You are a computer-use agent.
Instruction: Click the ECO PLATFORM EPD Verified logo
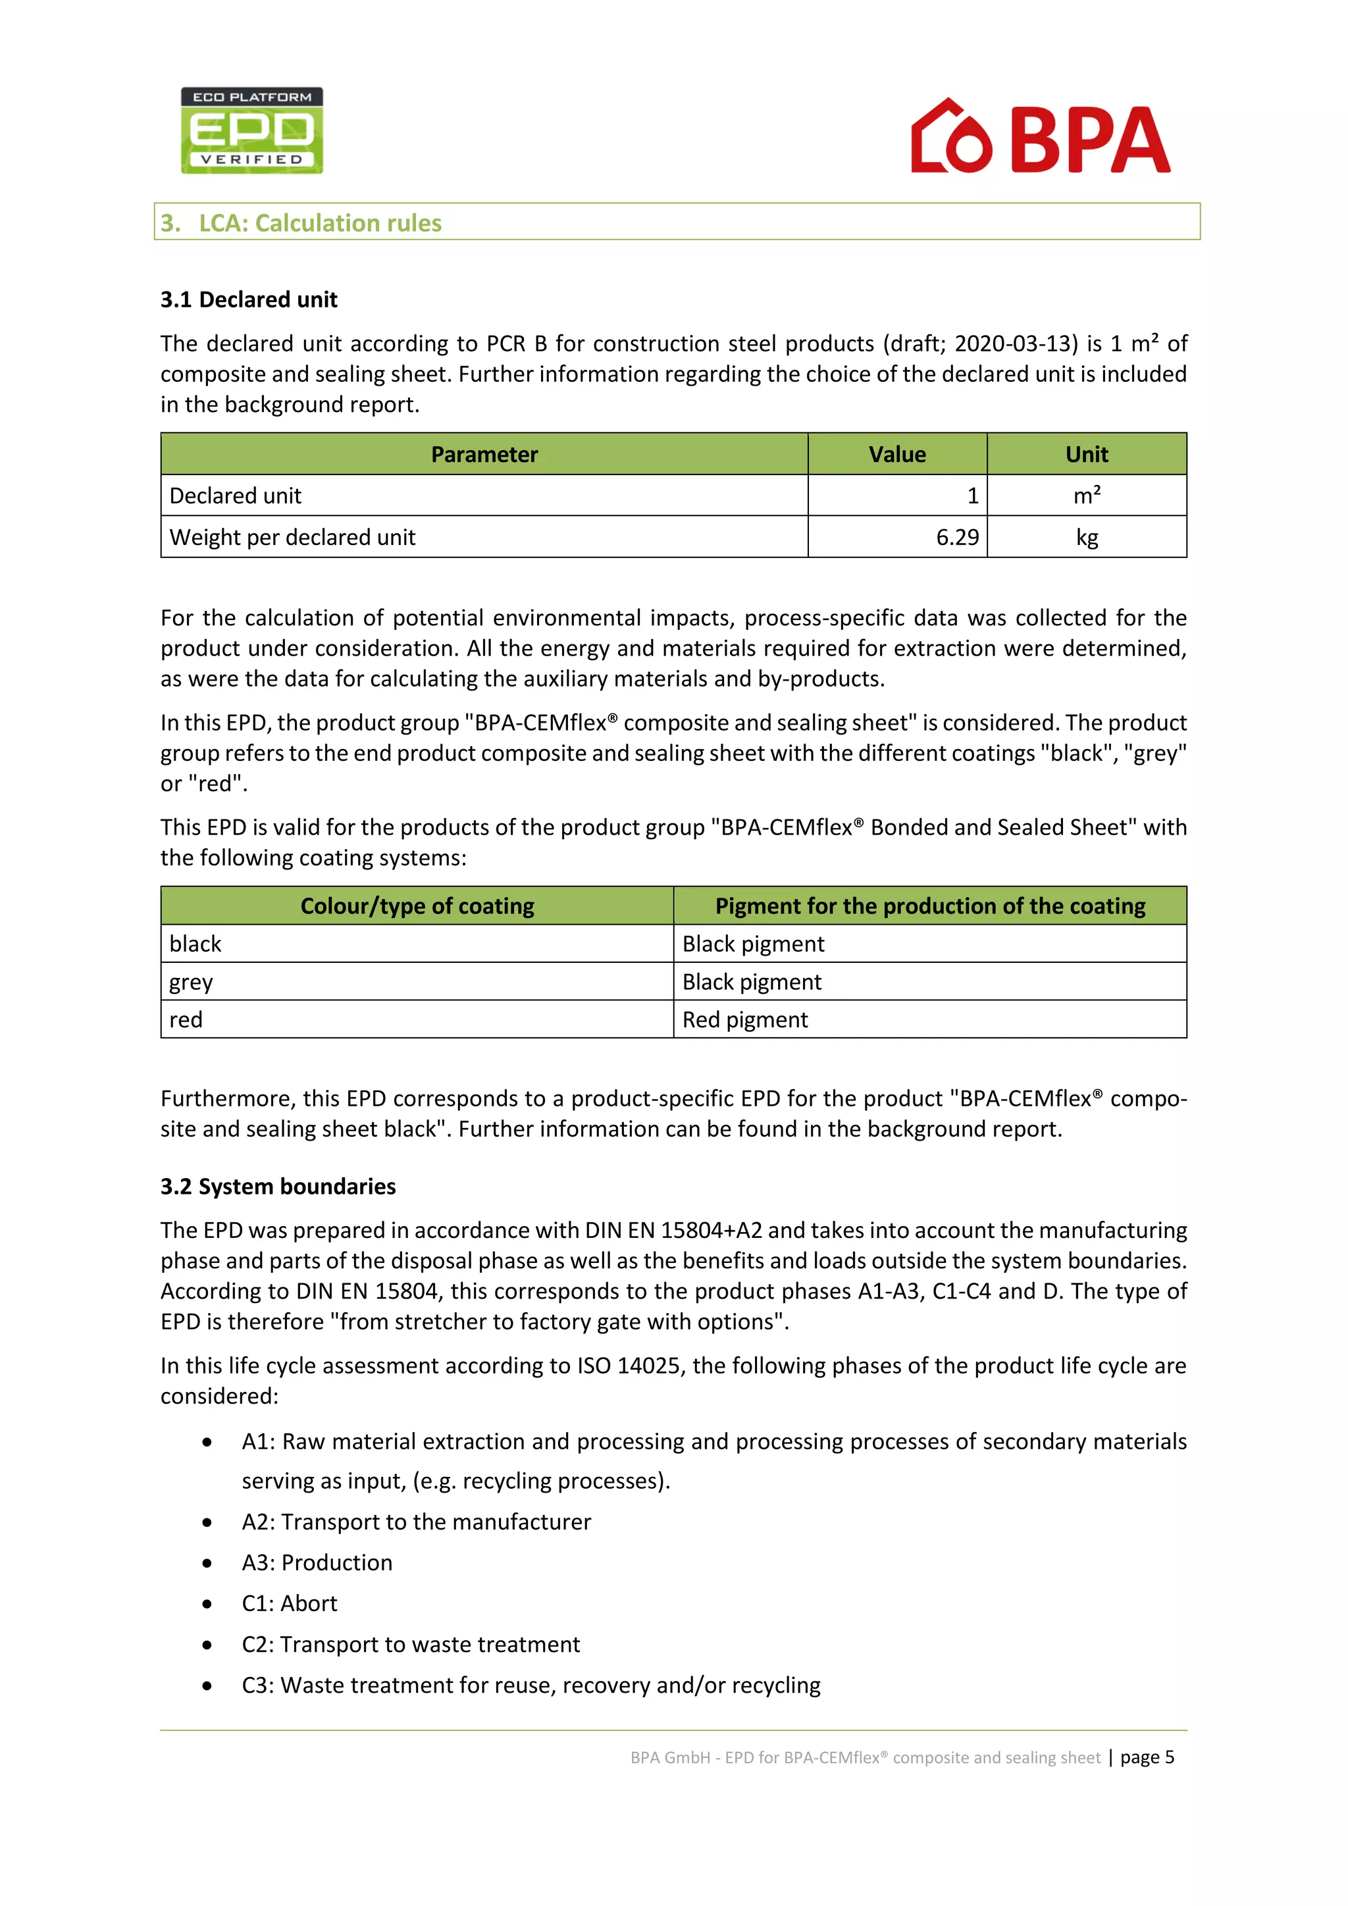click(251, 130)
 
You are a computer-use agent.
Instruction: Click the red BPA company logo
click(1040, 137)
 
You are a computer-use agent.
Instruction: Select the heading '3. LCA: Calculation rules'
click(301, 222)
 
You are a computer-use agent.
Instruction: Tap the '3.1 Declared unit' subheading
click(249, 299)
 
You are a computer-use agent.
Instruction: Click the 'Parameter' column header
click(484, 454)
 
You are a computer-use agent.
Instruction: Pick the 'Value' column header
click(896, 454)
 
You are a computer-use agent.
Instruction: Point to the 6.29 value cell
click(957, 537)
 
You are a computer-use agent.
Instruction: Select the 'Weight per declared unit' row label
click(292, 537)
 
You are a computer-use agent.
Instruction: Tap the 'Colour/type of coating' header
click(417, 906)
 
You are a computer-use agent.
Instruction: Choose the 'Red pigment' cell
click(744, 1019)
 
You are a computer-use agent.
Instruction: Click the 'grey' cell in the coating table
click(192, 982)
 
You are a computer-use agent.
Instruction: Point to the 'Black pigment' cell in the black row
click(753, 944)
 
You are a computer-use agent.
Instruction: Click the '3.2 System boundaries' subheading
click(278, 1186)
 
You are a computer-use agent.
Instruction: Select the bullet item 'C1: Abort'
click(289, 1603)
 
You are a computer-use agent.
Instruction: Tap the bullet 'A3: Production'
click(316, 1562)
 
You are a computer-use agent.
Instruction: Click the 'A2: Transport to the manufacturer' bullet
click(416, 1522)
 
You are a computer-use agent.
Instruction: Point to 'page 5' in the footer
click(1147, 1757)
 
